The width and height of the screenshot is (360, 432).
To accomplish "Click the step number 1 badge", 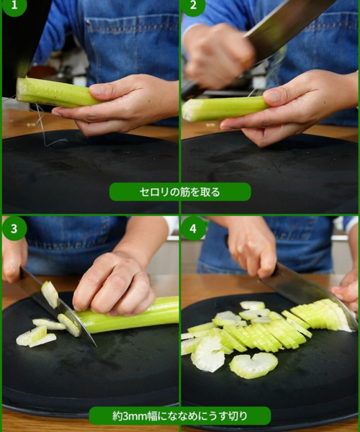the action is (x=14, y=6).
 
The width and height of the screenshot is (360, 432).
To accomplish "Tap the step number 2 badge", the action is (x=193, y=6).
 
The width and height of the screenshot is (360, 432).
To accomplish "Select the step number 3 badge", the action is (x=14, y=228).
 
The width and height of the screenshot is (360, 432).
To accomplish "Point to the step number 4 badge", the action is (x=194, y=228).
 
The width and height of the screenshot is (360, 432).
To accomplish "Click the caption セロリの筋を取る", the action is (x=180, y=192).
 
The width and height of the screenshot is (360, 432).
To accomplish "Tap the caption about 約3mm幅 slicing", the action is (x=179, y=415).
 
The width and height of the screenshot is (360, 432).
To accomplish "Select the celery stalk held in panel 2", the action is (x=225, y=108).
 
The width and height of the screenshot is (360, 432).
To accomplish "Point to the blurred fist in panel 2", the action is (x=218, y=55).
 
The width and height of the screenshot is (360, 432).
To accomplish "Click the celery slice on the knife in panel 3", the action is (x=50, y=294).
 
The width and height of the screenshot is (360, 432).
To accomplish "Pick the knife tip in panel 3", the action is (x=96, y=346).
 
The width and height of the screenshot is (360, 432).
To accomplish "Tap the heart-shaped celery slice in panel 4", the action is (x=253, y=365).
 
